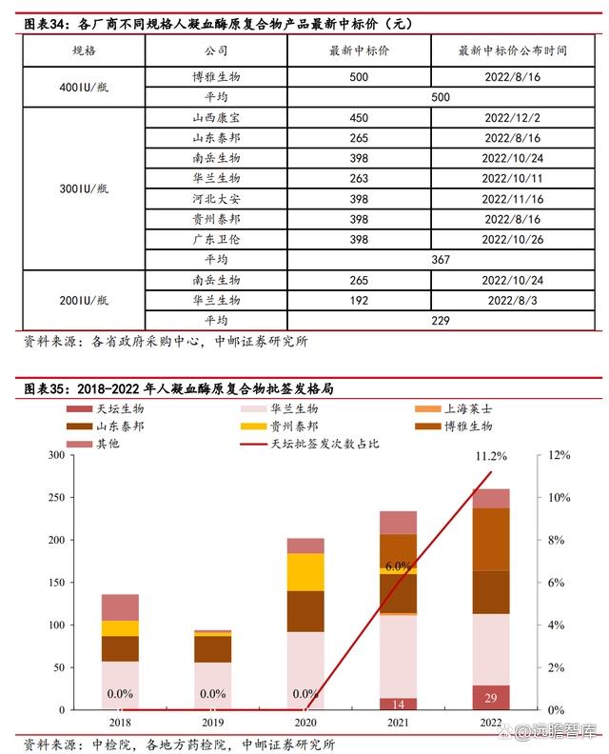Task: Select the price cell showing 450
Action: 358,119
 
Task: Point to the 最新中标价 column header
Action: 358,50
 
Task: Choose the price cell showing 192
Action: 358,300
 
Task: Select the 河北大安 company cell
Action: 215,199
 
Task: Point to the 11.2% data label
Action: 491,457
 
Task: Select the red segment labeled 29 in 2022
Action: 491,698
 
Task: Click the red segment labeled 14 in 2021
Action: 398,704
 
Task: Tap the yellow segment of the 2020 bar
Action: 305,571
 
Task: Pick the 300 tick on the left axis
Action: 55,455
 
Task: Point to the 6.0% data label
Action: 398,565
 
